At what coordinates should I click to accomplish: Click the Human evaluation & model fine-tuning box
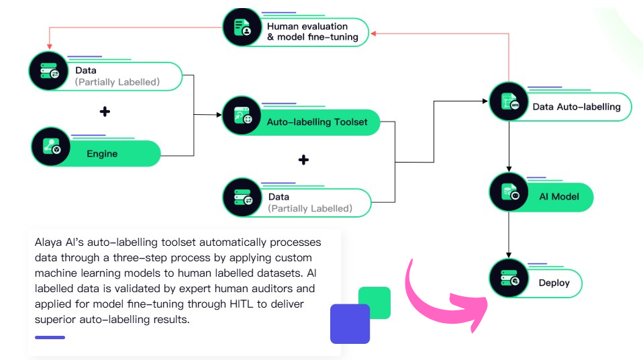pos(312,32)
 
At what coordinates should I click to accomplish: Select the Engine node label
pos(102,154)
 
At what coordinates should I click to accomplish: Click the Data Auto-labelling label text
pos(576,106)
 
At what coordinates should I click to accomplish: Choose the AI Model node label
pos(558,197)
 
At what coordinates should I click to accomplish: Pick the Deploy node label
pos(554,283)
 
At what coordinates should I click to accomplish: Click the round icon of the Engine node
pos(52,148)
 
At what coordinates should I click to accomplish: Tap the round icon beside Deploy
pos(509,277)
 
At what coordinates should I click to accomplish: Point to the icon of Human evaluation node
pos(242,27)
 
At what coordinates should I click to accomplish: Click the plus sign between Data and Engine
pos(105,111)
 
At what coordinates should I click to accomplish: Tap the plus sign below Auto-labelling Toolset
pos(303,160)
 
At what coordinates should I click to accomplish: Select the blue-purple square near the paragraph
pos(350,324)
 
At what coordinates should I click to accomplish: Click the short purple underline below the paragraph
pos(50,337)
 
